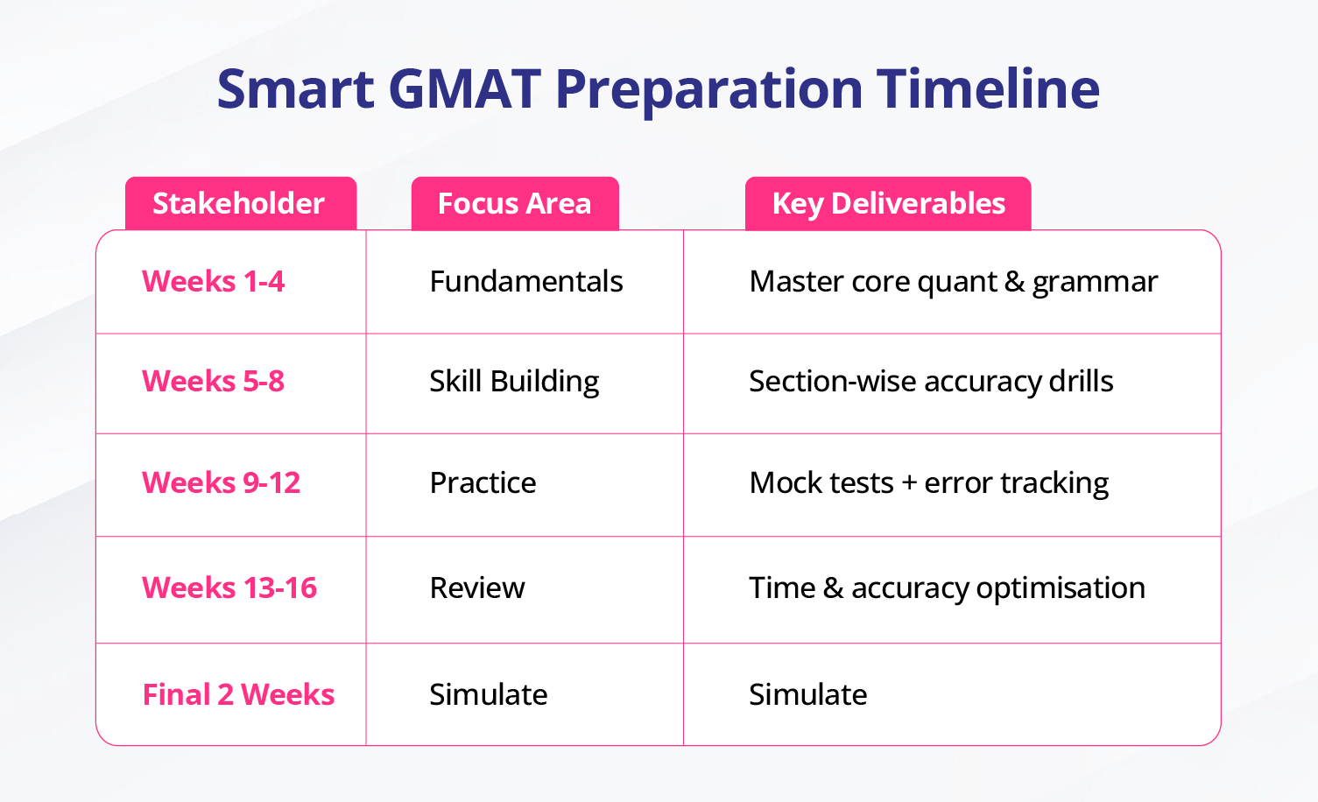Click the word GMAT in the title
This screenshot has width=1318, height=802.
[x=465, y=89]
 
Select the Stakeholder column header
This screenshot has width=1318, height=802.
[x=241, y=204]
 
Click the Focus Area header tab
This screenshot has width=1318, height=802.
[x=515, y=204]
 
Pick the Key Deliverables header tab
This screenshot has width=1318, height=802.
[x=888, y=204]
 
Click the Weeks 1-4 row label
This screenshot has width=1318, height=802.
[x=213, y=281]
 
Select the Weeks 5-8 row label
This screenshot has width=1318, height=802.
[x=213, y=381]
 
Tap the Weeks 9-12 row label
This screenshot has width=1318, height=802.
[x=222, y=482]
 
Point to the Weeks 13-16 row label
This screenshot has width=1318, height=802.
[x=229, y=587]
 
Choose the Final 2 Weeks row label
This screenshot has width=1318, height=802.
[x=238, y=694]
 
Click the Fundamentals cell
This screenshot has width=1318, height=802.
[x=526, y=281]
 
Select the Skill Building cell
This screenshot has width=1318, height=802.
[x=514, y=382]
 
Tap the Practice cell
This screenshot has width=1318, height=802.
[x=483, y=482]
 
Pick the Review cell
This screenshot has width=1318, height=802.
[x=477, y=587]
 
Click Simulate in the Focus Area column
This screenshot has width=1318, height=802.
[x=489, y=694]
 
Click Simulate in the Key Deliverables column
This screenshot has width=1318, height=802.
[x=807, y=694]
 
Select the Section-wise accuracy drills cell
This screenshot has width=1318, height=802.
[x=931, y=382]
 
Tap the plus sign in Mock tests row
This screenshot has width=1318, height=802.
[x=909, y=483]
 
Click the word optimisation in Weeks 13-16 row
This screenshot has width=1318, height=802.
[x=1061, y=588]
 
